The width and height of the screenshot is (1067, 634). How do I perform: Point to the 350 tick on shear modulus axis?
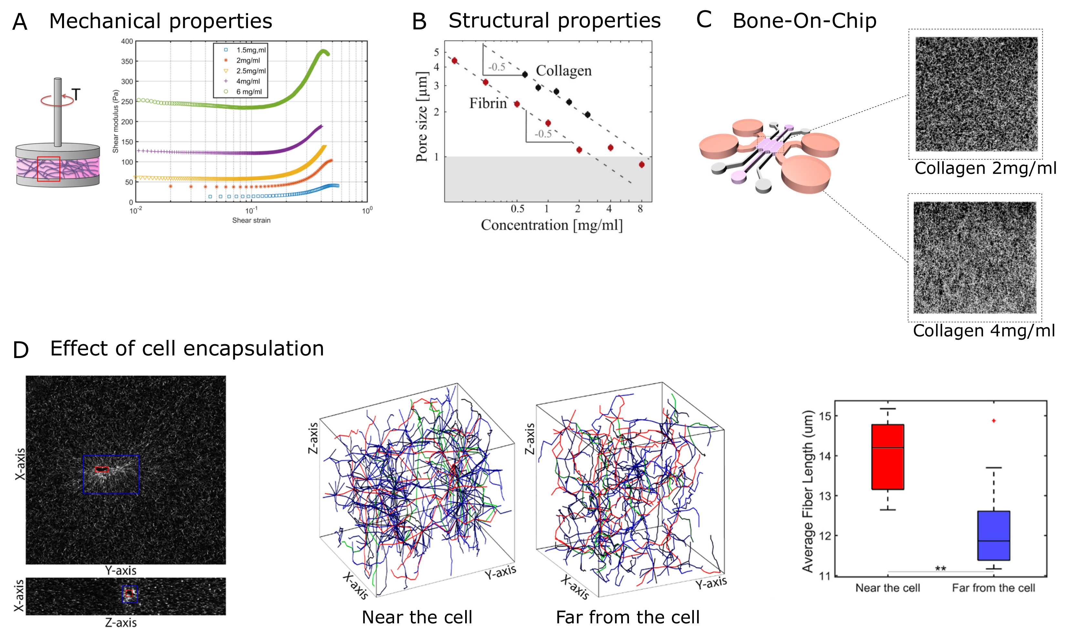click(127, 61)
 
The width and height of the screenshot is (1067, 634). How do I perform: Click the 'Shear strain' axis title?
click(251, 220)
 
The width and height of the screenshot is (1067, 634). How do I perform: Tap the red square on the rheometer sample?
click(48, 169)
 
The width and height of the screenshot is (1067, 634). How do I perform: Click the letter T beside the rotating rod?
click(76, 94)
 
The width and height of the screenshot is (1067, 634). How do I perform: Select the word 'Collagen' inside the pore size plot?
click(564, 70)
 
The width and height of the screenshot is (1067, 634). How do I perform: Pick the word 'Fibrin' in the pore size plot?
click(487, 103)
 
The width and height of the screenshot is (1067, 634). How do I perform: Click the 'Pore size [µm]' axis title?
click(422, 117)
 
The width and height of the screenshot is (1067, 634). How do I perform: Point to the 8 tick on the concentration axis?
click(640, 209)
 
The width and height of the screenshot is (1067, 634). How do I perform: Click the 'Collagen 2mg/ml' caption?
click(985, 168)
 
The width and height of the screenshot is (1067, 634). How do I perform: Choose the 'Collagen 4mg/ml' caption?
click(984, 331)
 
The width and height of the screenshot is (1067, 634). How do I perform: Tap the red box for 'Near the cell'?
click(888, 457)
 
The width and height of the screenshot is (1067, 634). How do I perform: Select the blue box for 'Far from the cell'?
click(994, 535)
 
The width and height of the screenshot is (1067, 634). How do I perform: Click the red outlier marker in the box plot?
click(994, 421)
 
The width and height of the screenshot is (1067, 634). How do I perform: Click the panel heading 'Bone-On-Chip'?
click(804, 21)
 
